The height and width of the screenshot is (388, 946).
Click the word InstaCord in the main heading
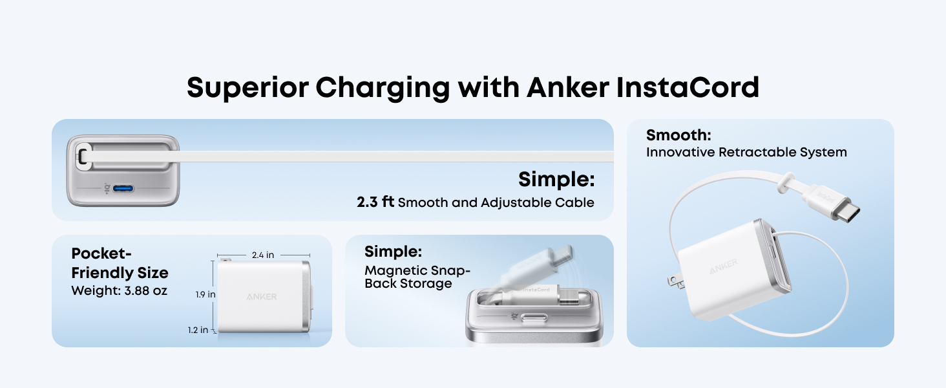(688, 87)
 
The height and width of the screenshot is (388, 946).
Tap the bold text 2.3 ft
(375, 202)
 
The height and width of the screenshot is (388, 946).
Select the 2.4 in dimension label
(263, 255)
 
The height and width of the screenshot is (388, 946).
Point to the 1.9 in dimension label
(205, 294)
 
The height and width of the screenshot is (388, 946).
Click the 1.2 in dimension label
(198, 330)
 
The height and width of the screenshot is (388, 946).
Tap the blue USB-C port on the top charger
(123, 189)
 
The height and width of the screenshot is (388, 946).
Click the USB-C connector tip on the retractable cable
(846, 212)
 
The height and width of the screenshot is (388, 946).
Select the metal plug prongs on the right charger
(676, 282)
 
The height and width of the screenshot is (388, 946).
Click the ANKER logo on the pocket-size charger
(262, 297)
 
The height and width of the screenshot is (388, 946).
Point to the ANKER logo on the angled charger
(724, 266)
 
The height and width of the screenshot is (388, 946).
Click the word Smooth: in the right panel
(678, 135)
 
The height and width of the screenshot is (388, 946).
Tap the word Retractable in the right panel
(755, 152)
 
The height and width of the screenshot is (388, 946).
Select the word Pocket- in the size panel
(101, 253)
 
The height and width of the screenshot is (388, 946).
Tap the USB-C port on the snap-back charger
(534, 318)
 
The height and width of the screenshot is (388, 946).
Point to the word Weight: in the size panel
(96, 291)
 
